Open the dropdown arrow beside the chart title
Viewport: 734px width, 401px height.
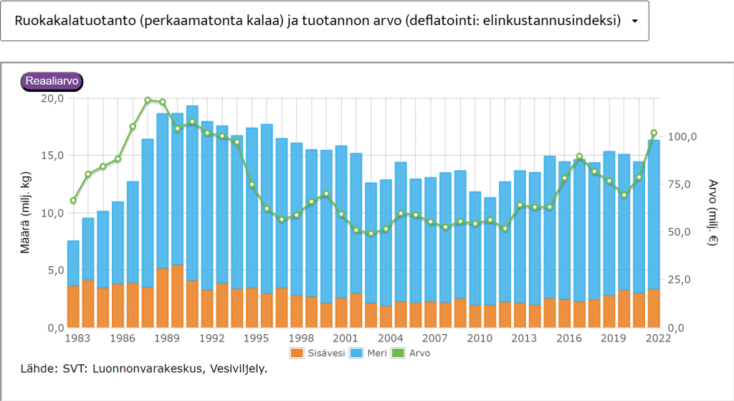click(634, 21)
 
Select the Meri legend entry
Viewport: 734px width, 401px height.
click(372, 353)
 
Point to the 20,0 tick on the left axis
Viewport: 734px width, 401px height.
click(52, 98)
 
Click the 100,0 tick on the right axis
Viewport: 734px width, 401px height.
click(682, 137)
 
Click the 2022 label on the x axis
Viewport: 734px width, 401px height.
click(653, 338)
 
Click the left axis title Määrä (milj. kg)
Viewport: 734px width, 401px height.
click(25, 213)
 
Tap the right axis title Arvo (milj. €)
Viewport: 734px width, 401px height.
click(712, 213)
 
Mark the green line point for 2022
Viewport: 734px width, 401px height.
click(654, 133)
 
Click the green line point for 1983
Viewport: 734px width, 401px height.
click(73, 201)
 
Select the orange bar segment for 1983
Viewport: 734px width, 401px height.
click(73, 307)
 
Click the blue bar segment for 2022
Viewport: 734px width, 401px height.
click(654, 215)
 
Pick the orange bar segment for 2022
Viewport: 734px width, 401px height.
click(654, 308)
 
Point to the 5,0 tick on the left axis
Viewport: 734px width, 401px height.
click(56, 270)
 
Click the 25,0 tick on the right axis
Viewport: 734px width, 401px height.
click(680, 280)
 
